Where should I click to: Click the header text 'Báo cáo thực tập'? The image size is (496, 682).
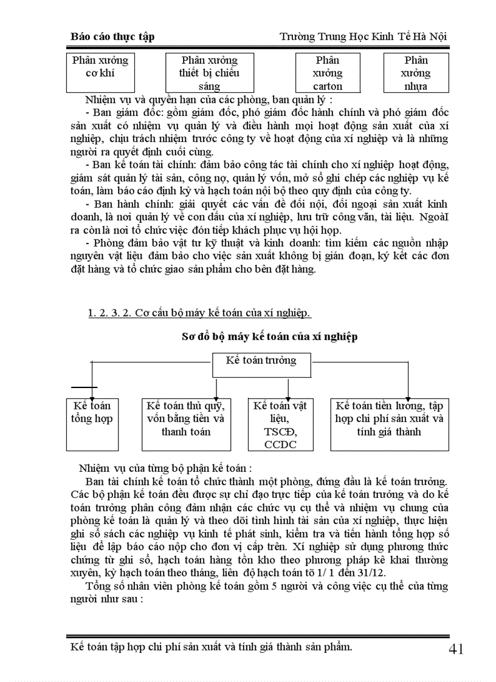[112, 36]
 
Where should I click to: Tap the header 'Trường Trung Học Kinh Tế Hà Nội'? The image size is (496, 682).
[363, 36]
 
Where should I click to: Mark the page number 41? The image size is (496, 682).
[456, 649]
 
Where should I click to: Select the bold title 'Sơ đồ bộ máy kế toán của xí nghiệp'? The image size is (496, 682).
[270, 336]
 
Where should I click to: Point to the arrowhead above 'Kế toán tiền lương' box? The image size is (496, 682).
[407, 395]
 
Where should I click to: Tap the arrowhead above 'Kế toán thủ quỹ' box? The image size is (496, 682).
[216, 395]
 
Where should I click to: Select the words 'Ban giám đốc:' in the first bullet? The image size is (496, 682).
[121, 112]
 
